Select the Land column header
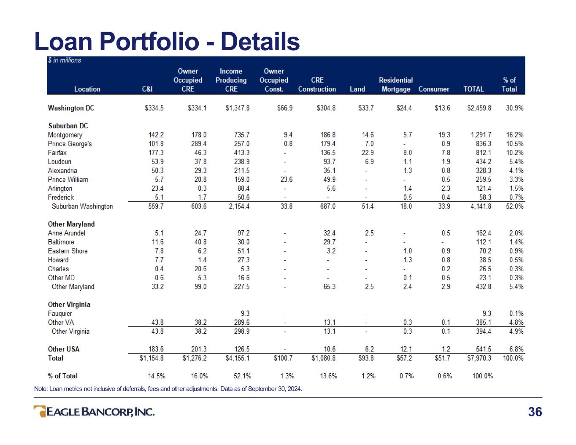coord(357,89)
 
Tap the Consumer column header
coord(434,89)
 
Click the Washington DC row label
coord(71,108)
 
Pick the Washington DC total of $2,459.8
coord(479,108)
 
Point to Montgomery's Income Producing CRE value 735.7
coord(241,135)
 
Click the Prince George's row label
coord(70,144)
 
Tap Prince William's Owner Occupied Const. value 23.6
coord(286,179)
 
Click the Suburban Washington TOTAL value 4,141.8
coord(481,206)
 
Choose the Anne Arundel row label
coord(67,233)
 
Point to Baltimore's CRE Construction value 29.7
coord(329,242)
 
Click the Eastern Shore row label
coord(68,251)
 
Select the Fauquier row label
coord(59,314)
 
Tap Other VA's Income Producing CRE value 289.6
coord(241,322)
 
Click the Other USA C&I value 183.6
coord(156,349)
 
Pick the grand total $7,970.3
coord(479,358)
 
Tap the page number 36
coord(535,412)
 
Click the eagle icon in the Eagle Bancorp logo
coord(40,411)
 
